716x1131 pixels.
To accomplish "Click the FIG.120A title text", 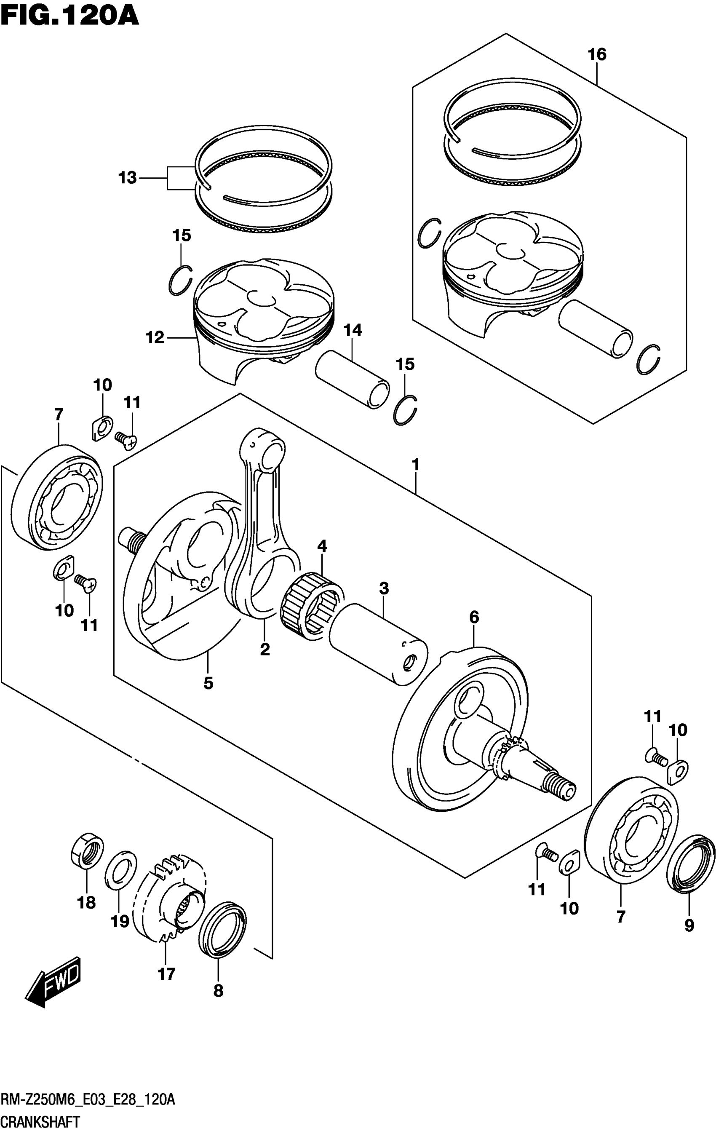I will point(69,15).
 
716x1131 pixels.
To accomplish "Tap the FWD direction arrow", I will point(53,981).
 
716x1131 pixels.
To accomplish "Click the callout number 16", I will point(597,55).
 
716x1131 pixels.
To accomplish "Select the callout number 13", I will point(127,178).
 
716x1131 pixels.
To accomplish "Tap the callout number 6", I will point(474,617).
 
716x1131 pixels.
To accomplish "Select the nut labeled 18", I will point(87,850).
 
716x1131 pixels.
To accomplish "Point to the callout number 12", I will point(155,337).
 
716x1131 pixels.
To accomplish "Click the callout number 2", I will point(265,650).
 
